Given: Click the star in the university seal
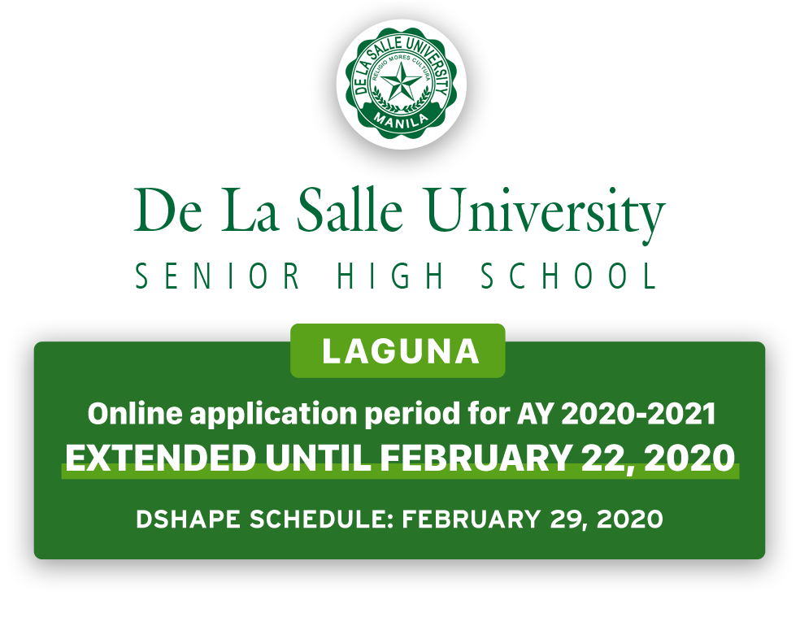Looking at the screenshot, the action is pos(401,81).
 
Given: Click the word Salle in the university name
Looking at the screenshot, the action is pos(350,210).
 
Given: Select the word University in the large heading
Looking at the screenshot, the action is pos(546,215).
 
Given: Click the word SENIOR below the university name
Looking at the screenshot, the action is pos(218,276).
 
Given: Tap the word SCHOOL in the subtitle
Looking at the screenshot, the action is pos(569,276).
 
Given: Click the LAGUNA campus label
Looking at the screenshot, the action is pos(401,351).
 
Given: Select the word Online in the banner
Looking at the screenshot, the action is pos(135,413).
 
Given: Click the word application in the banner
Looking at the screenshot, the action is pos(273,415).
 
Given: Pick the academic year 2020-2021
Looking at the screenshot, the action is pos(638,414).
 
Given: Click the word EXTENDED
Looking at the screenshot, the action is pos(161,458).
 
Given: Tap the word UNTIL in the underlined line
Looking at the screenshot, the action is pos(318,458).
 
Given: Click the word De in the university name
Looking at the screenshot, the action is pos(167,210).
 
